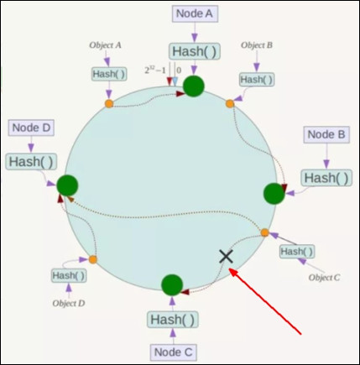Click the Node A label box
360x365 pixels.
coord(195,13)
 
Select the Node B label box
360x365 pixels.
coord(326,134)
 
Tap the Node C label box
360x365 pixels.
coord(173,352)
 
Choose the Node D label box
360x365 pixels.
coord(31,128)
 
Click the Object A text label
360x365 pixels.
coord(105,45)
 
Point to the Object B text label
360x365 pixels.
coord(257,45)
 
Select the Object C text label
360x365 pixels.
coord(324,277)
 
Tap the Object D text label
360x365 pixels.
coord(69,303)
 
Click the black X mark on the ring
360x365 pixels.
coord(226,257)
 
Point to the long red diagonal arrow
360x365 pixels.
coord(265,301)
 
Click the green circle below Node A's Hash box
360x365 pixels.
coord(194,86)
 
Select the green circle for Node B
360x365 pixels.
coord(274,194)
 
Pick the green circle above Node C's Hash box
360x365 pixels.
coord(172,285)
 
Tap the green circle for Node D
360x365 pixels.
coord(67,185)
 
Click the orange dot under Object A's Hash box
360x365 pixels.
coord(109,104)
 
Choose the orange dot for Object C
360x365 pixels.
coord(264,232)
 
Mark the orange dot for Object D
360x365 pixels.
coord(93,259)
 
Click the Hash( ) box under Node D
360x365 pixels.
coord(31,162)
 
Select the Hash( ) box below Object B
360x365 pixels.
coord(257,80)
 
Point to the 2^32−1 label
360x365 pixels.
coord(155,70)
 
